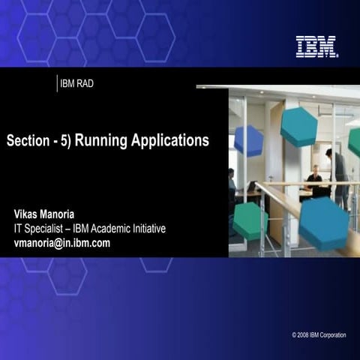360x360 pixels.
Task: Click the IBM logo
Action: [316, 46]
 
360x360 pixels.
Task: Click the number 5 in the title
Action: [66, 140]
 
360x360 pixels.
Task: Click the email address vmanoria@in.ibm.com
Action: [62, 242]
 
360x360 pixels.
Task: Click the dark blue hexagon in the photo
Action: [248, 140]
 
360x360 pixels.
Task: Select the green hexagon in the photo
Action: [250, 220]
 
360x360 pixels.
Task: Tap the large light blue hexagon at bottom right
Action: [323, 223]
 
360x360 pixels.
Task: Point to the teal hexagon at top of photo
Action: [298, 127]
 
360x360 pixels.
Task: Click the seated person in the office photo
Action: [314, 180]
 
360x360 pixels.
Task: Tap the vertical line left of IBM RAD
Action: [57, 83]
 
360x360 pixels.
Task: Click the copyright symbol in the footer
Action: [295, 334]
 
